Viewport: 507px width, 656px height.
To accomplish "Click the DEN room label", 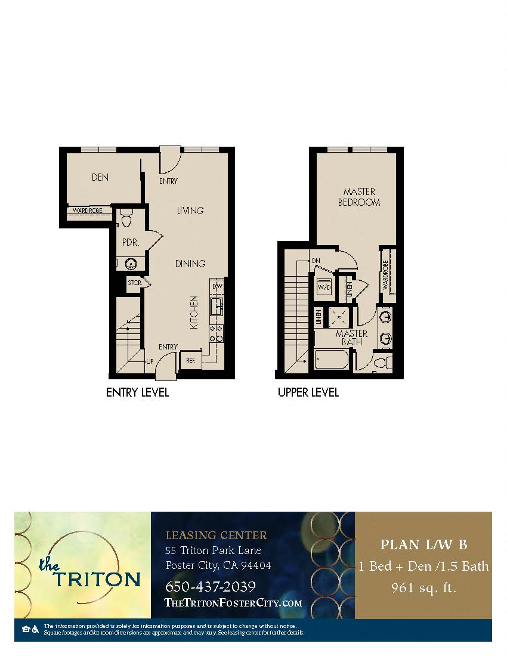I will [x=100, y=177].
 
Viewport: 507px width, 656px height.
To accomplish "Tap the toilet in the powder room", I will [x=126, y=219].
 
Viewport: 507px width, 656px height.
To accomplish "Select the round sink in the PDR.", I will [x=131, y=262].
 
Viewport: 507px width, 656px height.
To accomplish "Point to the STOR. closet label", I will [x=134, y=283].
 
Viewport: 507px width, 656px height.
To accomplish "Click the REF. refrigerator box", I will [x=191, y=360].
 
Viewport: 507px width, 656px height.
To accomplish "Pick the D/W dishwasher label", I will [x=217, y=286].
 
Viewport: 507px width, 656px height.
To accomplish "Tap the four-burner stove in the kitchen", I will [x=215, y=333].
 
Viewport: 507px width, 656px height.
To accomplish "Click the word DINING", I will [x=190, y=264].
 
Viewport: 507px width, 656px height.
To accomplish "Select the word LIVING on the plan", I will [x=190, y=211].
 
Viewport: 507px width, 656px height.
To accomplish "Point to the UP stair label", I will [x=151, y=361].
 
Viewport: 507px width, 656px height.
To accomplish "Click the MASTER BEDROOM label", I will [x=359, y=197].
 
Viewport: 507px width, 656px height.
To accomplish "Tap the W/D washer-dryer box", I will [x=324, y=287].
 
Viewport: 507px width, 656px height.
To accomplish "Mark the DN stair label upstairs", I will [x=316, y=261].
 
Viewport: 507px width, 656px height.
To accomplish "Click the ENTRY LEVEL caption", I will [x=137, y=392].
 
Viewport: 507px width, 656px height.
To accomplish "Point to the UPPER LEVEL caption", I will [x=308, y=392].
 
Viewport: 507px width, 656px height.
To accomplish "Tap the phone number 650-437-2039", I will [x=210, y=586].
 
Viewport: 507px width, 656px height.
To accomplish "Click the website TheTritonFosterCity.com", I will [x=233, y=603].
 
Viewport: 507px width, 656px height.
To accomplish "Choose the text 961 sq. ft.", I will [x=423, y=588].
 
